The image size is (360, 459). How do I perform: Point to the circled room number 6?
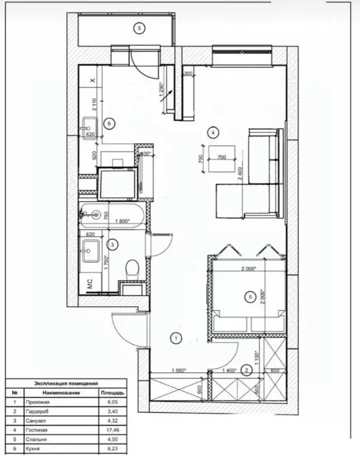(108, 123)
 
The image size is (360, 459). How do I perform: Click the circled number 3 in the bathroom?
(111, 244)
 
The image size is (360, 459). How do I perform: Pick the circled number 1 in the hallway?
(176, 339)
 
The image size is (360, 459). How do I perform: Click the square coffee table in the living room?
(221, 158)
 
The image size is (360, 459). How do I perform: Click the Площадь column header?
(112, 393)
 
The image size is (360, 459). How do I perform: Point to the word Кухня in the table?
(34, 447)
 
